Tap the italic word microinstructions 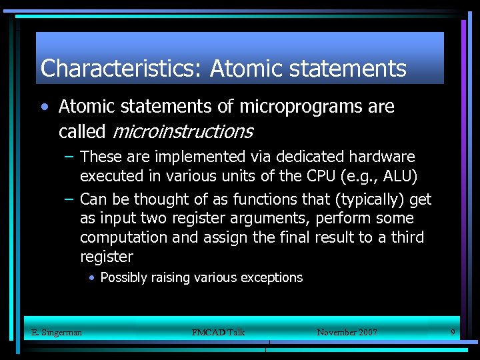pos(182,131)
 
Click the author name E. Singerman pos(57,332)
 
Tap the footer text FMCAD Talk pos(218,332)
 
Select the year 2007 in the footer pos(366,332)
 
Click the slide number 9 pos(453,331)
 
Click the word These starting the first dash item pos(99,157)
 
